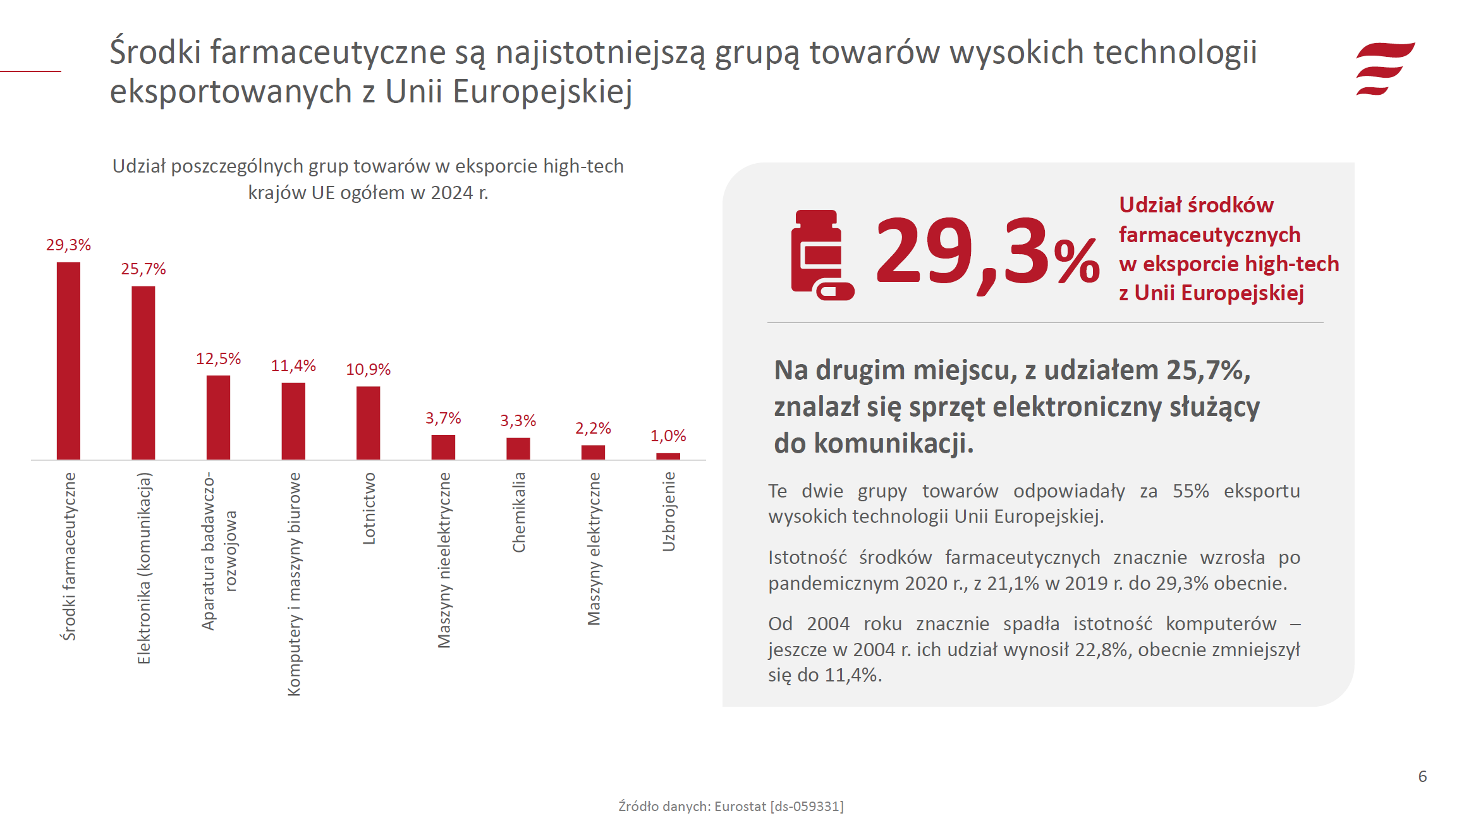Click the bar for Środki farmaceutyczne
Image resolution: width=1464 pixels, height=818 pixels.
68,360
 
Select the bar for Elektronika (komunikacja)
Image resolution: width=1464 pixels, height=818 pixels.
143,372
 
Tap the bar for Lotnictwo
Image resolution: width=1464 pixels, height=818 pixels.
368,422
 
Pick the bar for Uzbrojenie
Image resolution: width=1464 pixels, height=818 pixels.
668,456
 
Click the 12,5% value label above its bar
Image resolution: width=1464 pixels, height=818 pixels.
218,359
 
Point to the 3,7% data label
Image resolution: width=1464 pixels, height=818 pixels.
443,418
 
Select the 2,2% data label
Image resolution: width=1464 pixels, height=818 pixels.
593,429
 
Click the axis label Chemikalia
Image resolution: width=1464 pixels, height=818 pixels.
519,512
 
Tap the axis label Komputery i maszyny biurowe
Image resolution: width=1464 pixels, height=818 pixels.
294,584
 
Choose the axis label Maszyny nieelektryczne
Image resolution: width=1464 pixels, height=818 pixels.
444,560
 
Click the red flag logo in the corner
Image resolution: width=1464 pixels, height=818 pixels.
1384,68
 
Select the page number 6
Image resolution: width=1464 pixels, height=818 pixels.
1422,776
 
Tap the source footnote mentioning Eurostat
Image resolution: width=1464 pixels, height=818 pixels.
731,806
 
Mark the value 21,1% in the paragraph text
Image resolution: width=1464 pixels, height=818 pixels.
1013,583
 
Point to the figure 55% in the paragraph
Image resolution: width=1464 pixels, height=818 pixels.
1190,491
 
